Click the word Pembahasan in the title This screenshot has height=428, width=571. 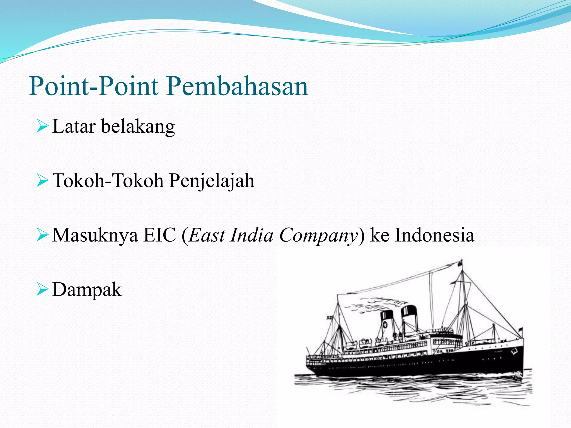click(x=237, y=86)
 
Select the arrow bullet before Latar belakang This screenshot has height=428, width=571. click(x=42, y=127)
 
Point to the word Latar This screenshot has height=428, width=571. click(x=74, y=127)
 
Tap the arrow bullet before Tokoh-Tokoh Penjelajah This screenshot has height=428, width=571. click(x=42, y=181)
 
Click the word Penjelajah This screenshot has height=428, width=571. click(x=212, y=181)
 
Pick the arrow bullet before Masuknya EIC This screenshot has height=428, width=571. click(x=42, y=235)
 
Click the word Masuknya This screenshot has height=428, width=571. click(x=95, y=235)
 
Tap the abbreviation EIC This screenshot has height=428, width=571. click(x=159, y=235)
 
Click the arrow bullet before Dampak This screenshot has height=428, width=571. click(x=42, y=290)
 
